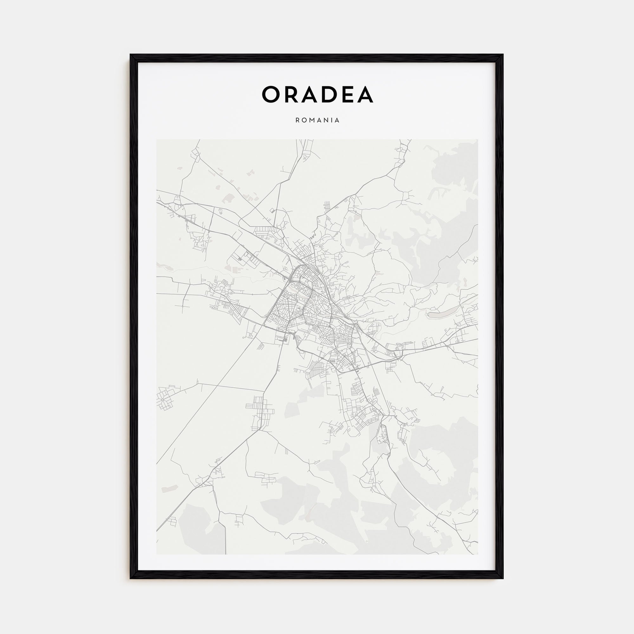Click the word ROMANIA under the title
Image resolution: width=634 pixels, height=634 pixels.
[317, 120]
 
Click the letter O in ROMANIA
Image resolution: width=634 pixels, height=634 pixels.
[304, 120]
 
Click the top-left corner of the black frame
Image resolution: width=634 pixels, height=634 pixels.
[131, 55]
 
